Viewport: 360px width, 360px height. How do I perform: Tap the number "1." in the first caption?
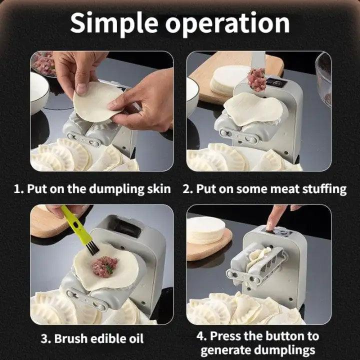click(18, 189)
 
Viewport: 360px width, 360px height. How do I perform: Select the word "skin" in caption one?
click(157, 189)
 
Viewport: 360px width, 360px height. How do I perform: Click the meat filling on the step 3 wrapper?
click(104, 266)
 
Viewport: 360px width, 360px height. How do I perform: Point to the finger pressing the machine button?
click(275, 218)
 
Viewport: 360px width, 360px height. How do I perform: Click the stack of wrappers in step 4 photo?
click(206, 230)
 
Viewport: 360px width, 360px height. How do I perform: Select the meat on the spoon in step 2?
click(257, 78)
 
